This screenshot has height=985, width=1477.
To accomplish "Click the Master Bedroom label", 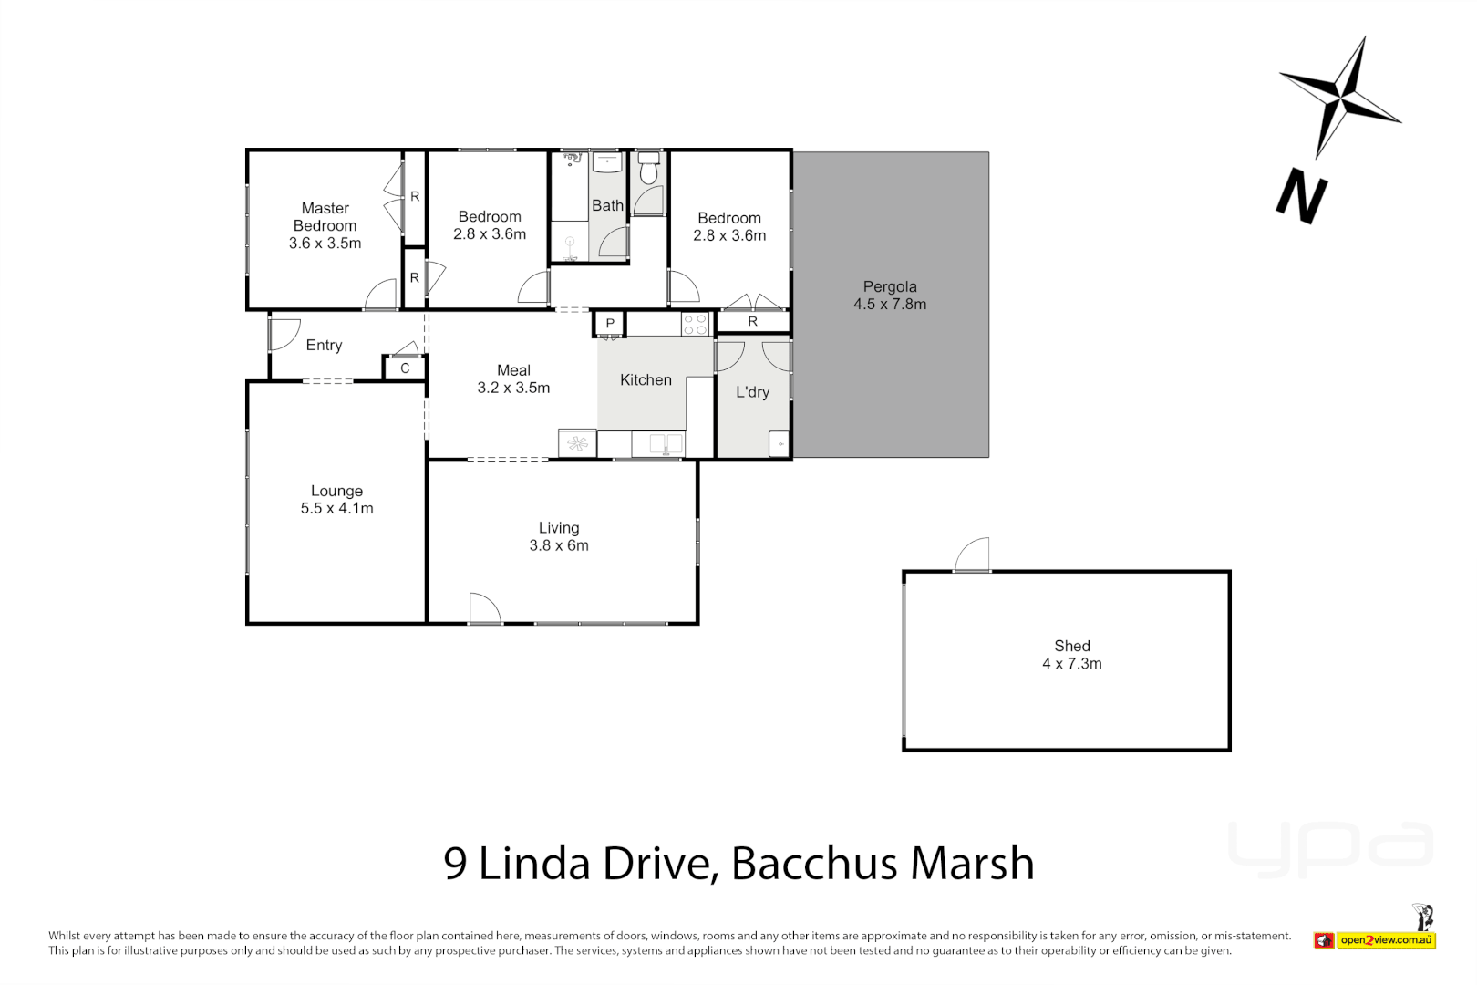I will tap(325, 217).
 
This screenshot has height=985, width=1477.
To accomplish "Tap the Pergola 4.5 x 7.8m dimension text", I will tap(890, 305).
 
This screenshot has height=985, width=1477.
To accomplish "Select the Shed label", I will tap(1072, 646).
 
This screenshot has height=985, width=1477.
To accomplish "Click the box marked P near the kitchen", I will tap(610, 324).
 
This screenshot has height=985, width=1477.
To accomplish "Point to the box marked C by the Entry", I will tap(405, 368).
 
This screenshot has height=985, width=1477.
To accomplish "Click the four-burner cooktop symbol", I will tap(695, 324).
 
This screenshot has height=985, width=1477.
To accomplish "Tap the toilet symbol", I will tap(648, 169).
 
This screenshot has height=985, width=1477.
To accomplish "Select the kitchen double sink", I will tap(666, 444).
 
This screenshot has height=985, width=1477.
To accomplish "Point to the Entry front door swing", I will tap(285, 334).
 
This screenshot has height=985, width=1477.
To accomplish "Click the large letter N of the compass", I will tap(1301, 196).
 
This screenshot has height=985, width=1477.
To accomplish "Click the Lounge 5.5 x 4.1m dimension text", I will tap(336, 509).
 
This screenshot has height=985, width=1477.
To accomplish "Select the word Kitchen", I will tap(646, 380).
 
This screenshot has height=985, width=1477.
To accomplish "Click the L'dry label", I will tap(752, 392).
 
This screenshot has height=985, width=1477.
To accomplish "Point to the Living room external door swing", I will tap(484, 608).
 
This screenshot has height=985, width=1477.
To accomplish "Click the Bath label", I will tap(607, 206).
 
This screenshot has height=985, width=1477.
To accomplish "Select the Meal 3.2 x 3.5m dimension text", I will tap(513, 388).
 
